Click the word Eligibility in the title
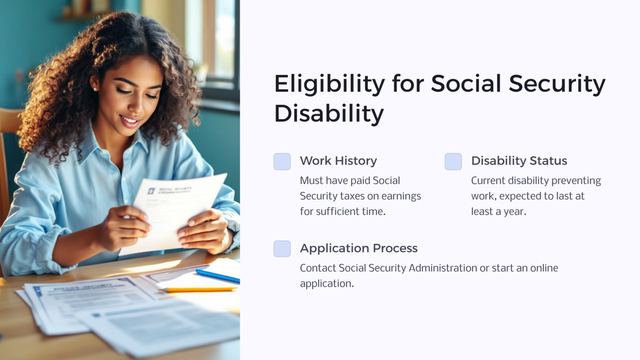coord(329,84)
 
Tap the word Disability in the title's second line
coord(329,113)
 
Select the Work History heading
coord(338,161)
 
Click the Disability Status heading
coord(519,161)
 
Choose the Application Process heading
coord(358,248)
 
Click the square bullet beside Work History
coord(282,162)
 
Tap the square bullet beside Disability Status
coord(453,162)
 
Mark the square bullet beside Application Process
coord(282,249)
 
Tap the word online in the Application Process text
coord(544,268)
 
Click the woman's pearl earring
coord(95,89)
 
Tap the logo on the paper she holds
coord(151,191)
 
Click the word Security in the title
coord(557,84)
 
